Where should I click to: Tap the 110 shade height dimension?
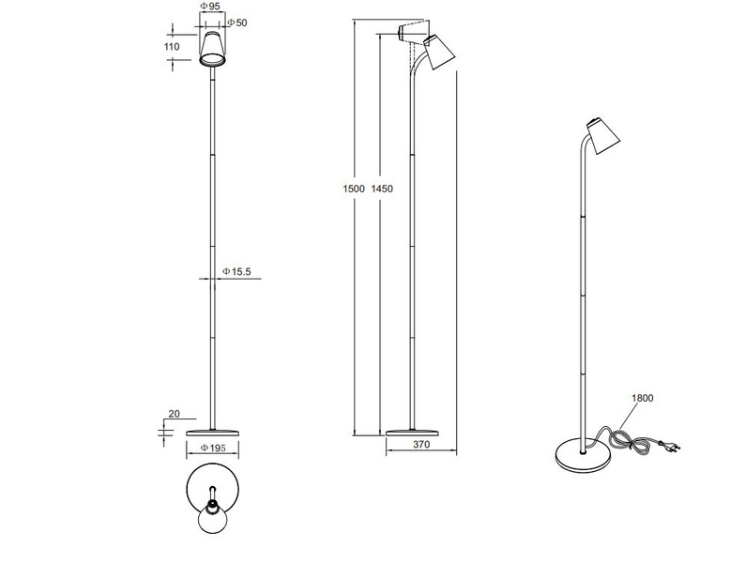[171, 46]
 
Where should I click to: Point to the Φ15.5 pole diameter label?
[236, 272]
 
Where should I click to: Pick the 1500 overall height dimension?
[354, 189]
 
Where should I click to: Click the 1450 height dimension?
[382, 189]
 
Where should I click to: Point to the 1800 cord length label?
[643, 398]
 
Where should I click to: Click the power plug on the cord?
[670, 448]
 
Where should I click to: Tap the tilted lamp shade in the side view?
[439, 52]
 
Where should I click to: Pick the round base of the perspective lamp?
[582, 455]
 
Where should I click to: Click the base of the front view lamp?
[213, 432]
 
